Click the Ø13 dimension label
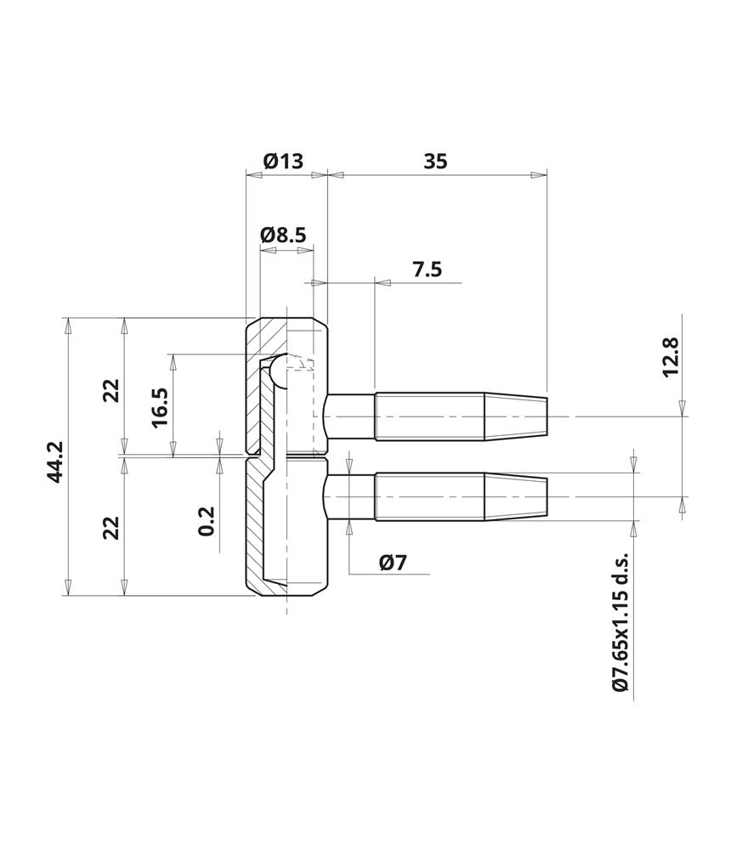[x=283, y=161]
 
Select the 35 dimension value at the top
[x=435, y=161]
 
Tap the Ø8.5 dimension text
[x=283, y=235]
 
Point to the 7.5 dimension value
[x=428, y=269]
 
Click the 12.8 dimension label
[x=671, y=357]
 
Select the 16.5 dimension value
[x=160, y=408]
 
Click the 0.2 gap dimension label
[x=207, y=521]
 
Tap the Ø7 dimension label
[x=394, y=563]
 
